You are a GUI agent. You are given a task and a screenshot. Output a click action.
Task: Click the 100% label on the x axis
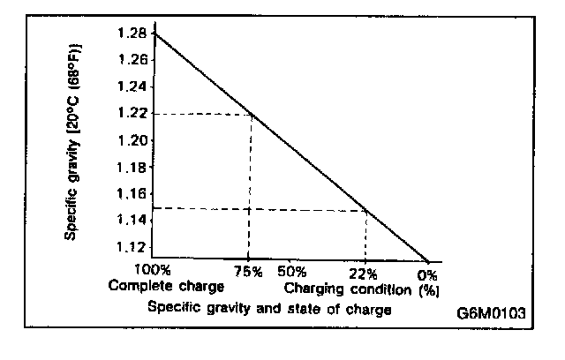click(x=152, y=270)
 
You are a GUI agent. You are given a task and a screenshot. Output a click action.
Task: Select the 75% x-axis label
click(x=250, y=271)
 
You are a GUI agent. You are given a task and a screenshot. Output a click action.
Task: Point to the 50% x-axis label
click(x=290, y=271)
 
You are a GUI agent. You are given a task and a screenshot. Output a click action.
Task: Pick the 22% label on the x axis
click(x=363, y=271)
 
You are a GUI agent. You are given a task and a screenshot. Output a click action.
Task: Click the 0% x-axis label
click(x=428, y=271)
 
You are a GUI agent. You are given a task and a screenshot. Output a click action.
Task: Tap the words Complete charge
click(x=167, y=287)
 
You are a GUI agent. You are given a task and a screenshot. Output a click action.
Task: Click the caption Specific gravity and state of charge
click(x=269, y=309)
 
